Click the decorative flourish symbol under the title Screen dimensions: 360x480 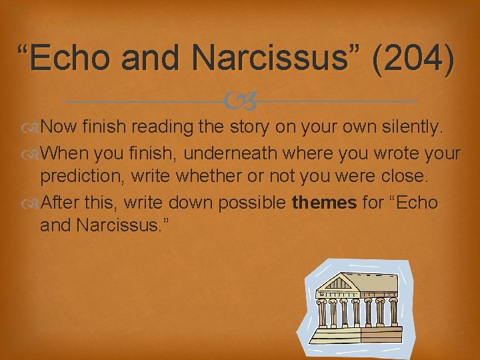click(x=240, y=101)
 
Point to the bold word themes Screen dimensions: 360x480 click(x=325, y=202)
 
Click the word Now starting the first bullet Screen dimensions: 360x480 click(x=58, y=127)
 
